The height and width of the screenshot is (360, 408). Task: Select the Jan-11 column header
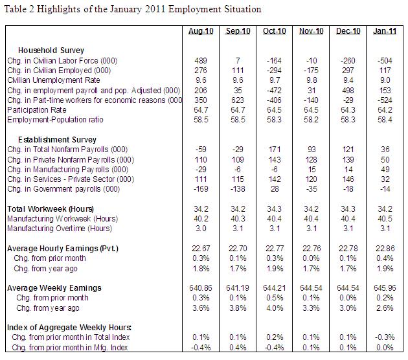coord(383,32)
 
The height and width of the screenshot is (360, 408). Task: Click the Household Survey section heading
coord(51,50)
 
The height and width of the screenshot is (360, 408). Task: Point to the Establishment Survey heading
coord(58,139)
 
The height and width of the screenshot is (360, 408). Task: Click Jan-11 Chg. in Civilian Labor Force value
coord(383,59)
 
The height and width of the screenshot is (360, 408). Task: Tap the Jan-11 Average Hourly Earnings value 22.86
coord(383,248)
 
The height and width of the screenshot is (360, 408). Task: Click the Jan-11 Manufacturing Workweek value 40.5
coord(383,218)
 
